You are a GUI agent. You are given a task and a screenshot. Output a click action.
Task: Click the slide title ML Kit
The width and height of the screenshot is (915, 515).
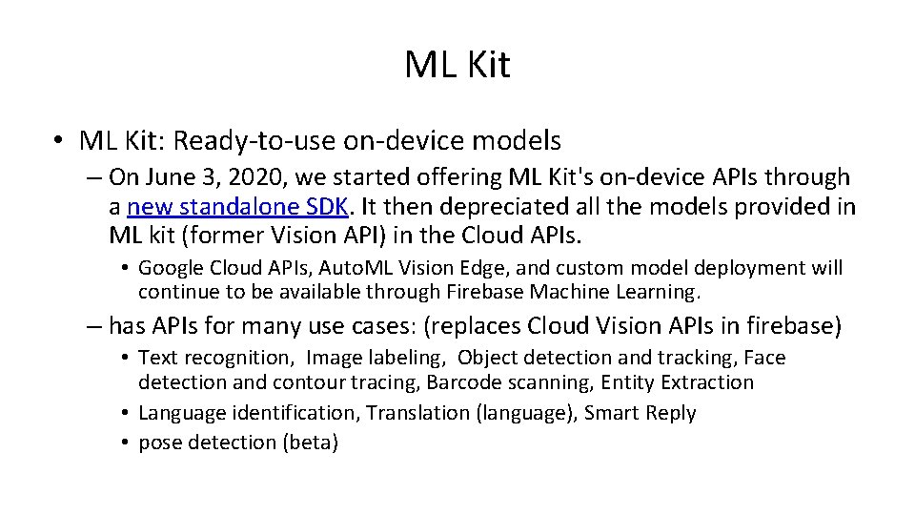point(457,65)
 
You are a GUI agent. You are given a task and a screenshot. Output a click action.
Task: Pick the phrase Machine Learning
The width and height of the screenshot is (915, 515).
point(623,290)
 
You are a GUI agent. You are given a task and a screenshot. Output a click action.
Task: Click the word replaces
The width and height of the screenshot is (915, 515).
point(487,326)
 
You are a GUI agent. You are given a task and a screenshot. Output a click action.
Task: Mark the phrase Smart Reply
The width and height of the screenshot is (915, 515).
point(640,413)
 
